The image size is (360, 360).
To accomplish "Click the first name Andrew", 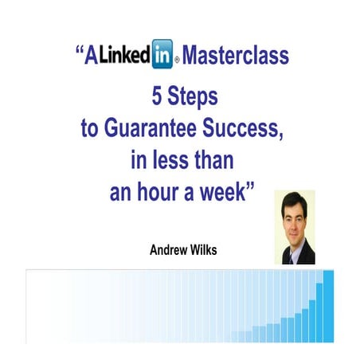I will [166, 248].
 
